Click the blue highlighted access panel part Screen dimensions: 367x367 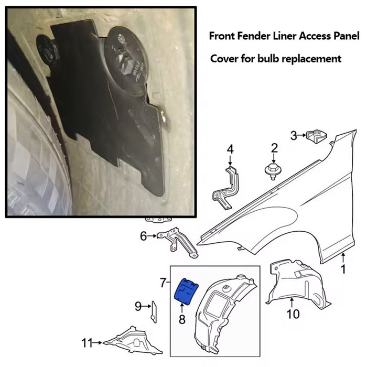[x=187, y=292]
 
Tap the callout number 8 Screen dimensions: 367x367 [x=182, y=319]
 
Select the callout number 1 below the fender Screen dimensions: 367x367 [x=343, y=269]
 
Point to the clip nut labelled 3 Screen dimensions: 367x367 [x=317, y=136]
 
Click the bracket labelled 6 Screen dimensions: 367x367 [x=177, y=242]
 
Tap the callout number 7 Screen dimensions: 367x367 [x=164, y=283]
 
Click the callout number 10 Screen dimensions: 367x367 [x=293, y=314]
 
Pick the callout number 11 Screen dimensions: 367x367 [x=87, y=343]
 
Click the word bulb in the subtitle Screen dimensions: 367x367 [x=268, y=58]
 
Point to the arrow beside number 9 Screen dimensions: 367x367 [x=146, y=306]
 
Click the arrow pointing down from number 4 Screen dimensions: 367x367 [x=230, y=160]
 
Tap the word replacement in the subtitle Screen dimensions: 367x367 [x=311, y=59]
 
